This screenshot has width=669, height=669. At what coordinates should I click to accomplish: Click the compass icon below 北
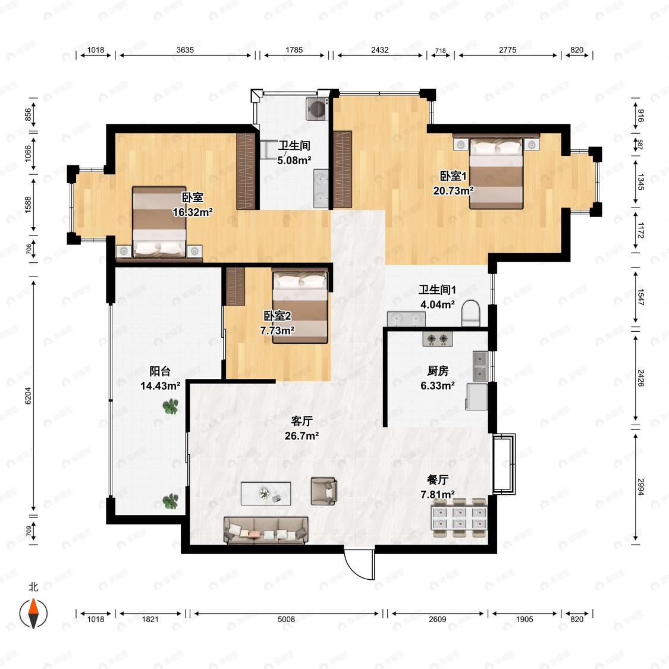34,614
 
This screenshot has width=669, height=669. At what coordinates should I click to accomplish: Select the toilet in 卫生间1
471,313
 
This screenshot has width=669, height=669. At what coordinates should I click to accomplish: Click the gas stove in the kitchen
438,339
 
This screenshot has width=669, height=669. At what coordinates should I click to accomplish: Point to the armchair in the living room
324,491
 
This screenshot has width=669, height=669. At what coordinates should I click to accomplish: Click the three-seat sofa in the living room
266,530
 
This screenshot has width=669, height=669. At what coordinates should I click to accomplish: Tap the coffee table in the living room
266,494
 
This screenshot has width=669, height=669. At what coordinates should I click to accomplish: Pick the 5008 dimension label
286,619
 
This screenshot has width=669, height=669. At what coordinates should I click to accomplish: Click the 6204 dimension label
28,395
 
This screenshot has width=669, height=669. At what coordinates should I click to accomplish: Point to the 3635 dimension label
185,50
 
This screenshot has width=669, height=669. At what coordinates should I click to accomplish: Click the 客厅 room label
301,421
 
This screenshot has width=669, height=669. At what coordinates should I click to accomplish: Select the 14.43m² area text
160,386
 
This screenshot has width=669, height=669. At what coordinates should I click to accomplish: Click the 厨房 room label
438,370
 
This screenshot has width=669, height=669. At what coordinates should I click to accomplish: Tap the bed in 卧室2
300,307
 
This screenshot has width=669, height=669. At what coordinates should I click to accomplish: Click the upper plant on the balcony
170,406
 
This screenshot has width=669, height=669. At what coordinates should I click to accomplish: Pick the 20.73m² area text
453,190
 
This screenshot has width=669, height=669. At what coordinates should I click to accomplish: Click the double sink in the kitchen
480,366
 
